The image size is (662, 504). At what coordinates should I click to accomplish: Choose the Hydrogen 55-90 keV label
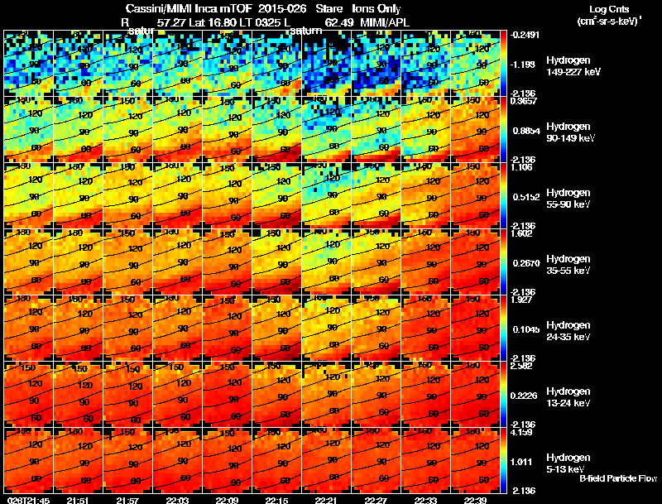point(568,199)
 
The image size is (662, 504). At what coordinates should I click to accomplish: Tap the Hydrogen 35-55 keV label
point(568,265)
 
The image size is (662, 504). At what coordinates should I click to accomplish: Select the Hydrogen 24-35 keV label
point(568,331)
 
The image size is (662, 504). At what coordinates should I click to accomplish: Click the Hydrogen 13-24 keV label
point(568,397)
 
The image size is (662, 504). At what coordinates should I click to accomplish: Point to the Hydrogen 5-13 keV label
point(567,463)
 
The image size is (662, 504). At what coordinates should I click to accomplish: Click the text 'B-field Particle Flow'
point(617,478)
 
